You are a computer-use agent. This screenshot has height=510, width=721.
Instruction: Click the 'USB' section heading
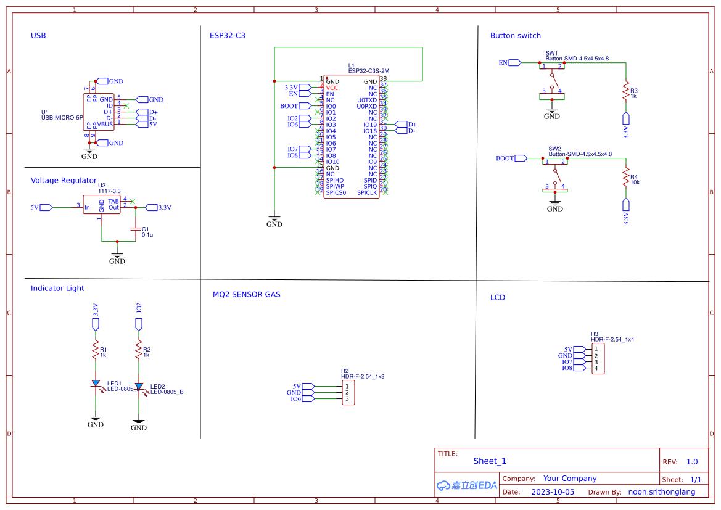[x=38, y=36]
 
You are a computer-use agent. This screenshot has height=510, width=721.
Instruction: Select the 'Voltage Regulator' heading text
[x=64, y=181]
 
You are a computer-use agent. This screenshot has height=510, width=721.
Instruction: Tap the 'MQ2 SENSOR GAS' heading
[x=246, y=295]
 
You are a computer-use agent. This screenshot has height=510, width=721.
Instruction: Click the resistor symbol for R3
[x=626, y=89]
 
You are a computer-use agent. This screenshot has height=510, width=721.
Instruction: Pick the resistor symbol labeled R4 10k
[x=626, y=176]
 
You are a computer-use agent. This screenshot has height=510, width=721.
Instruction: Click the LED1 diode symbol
[x=96, y=384]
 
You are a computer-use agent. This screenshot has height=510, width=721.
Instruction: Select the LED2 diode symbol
[x=139, y=387]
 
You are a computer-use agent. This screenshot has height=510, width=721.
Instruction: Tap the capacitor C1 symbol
[x=136, y=229]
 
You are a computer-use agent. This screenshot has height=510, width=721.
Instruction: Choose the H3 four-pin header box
[x=597, y=359]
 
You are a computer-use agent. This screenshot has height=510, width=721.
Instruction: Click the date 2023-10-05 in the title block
[x=553, y=492]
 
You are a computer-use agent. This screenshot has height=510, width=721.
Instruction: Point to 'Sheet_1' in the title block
[x=490, y=461]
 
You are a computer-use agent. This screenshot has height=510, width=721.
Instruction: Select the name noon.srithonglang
[x=661, y=492]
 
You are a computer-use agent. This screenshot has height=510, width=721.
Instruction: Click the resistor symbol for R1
[x=96, y=351]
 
